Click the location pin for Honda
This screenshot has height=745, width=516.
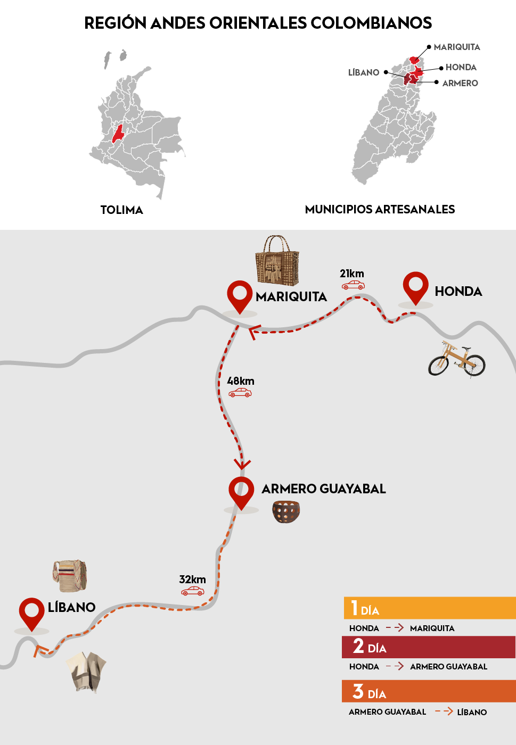[x=415, y=286]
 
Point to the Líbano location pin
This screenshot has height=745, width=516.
[x=31, y=612]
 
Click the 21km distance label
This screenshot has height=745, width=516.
[x=352, y=274]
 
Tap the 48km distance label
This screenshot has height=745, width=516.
[x=241, y=381]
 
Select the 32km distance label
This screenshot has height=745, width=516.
[x=192, y=580]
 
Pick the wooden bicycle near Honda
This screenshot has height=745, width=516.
[x=456, y=360]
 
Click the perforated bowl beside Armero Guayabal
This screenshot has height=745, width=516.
[x=286, y=511]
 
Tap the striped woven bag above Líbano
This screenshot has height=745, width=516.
[x=70, y=575]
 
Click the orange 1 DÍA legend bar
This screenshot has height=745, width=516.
[x=429, y=608]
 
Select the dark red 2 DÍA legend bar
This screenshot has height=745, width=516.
[x=429, y=647]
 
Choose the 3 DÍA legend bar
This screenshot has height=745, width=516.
[x=429, y=691]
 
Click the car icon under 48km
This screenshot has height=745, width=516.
[x=240, y=393]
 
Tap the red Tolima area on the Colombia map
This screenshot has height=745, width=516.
[x=118, y=134]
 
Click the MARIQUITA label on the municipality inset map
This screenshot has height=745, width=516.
[x=456, y=47]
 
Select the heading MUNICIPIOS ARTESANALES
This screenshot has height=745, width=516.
[x=380, y=209]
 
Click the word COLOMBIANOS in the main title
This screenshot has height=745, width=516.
[x=371, y=23]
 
